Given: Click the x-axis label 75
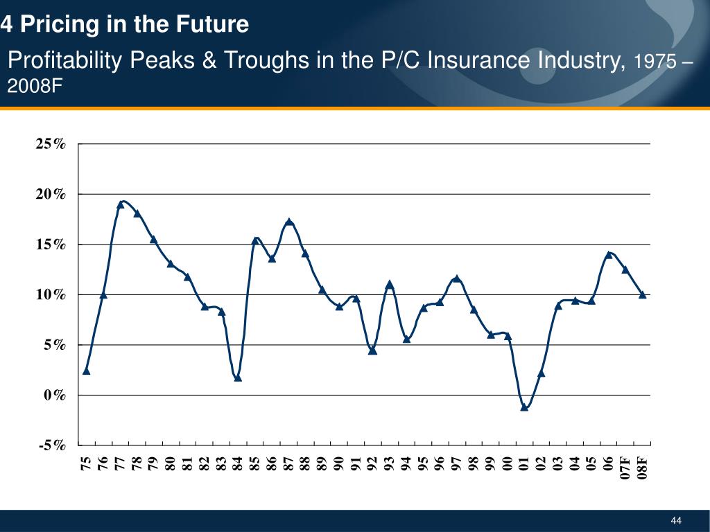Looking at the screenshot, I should pos(86,463).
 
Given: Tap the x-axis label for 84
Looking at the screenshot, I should pos(238,463).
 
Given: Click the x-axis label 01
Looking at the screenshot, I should pos(524,463).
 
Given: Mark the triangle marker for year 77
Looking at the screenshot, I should pos(120,204).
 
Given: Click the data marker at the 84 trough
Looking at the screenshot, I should pos(238,378).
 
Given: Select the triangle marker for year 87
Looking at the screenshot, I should pos(289,222).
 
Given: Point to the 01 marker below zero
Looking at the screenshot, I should pos(524,407).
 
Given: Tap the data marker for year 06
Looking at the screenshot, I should pos(609,254).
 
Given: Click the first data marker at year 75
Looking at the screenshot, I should pos(86,371).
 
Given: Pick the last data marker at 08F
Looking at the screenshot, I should pos(643,294).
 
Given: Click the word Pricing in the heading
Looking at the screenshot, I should pos(60,25).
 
